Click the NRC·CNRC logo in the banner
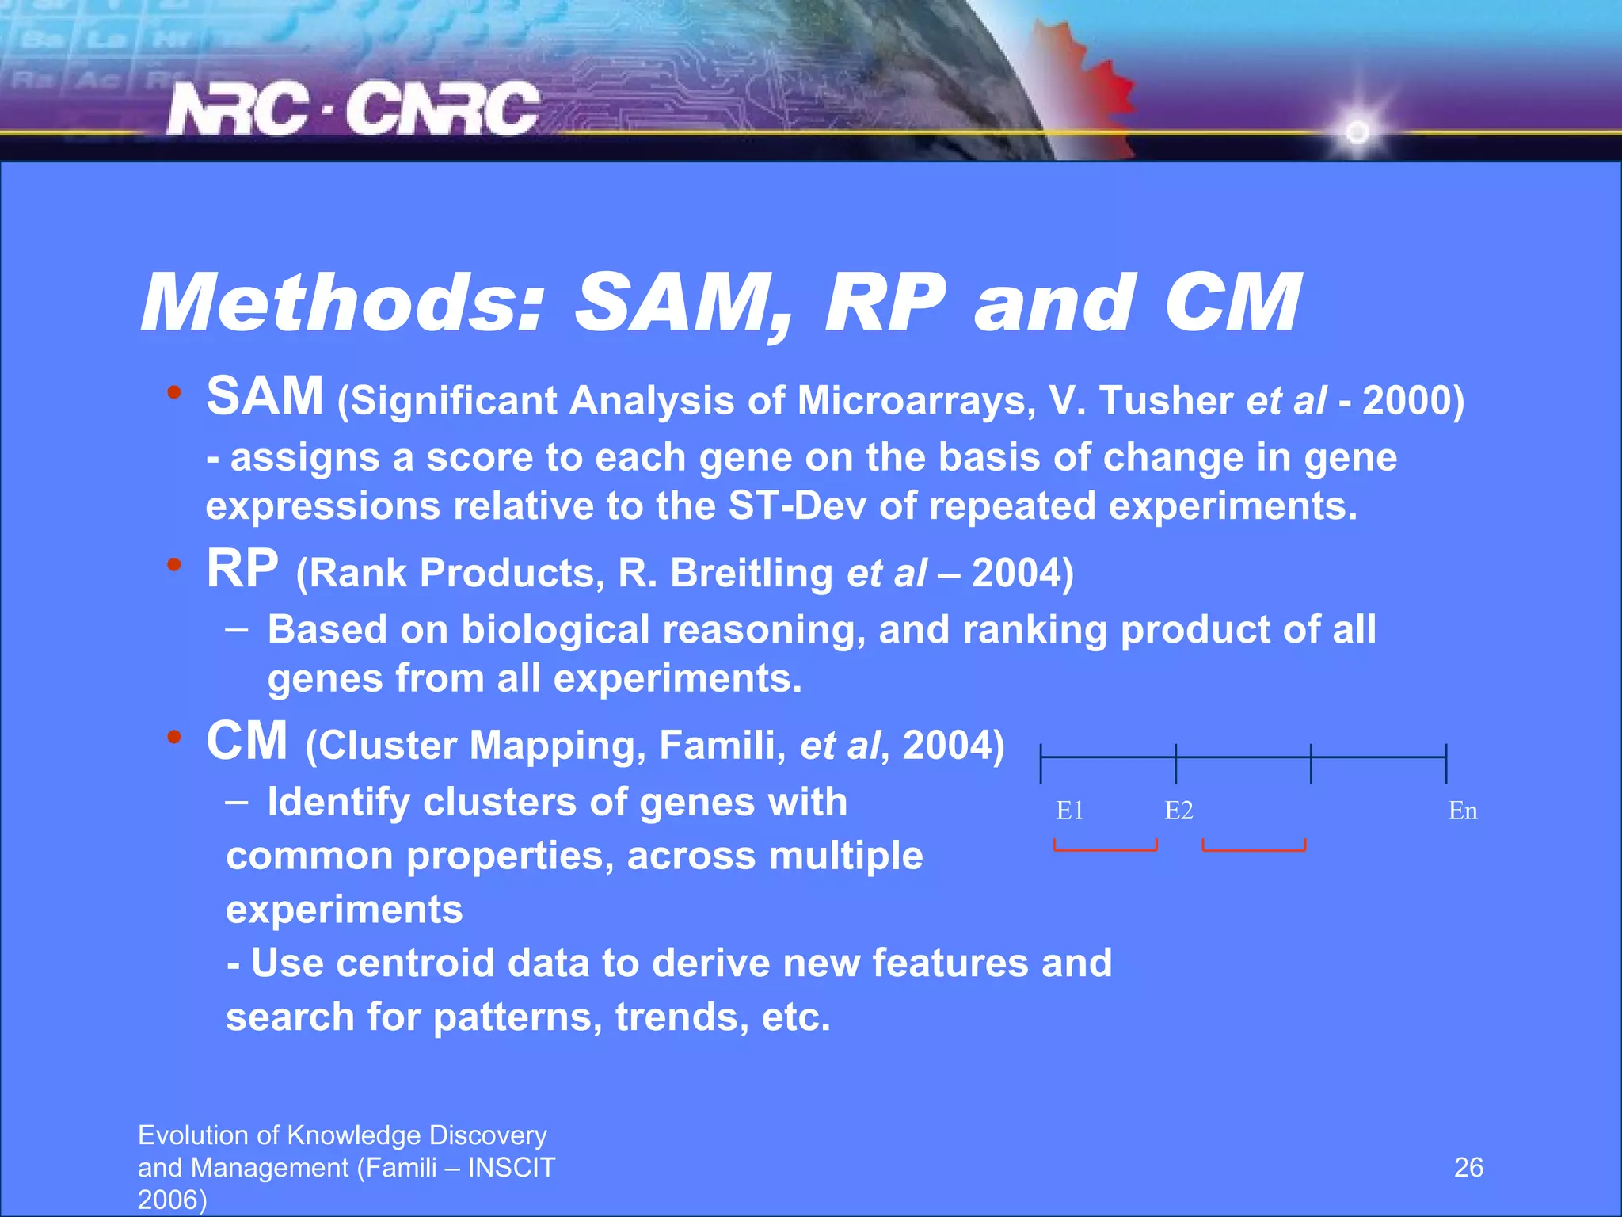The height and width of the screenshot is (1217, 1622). (352, 109)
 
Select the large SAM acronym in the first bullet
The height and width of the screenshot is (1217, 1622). (265, 396)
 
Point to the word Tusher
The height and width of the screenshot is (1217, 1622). (1166, 400)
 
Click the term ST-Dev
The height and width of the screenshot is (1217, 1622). (797, 505)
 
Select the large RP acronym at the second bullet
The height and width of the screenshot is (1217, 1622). (242, 569)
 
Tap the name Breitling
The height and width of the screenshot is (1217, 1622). (751, 573)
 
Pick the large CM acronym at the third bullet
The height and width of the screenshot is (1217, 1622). (246, 742)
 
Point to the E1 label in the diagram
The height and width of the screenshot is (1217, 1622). (1069, 811)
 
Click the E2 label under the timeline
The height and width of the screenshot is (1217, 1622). (1178, 811)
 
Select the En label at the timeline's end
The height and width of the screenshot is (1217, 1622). (1462, 811)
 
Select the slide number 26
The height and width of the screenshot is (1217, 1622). (1468, 1167)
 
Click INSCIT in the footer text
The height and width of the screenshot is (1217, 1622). (512, 1168)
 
